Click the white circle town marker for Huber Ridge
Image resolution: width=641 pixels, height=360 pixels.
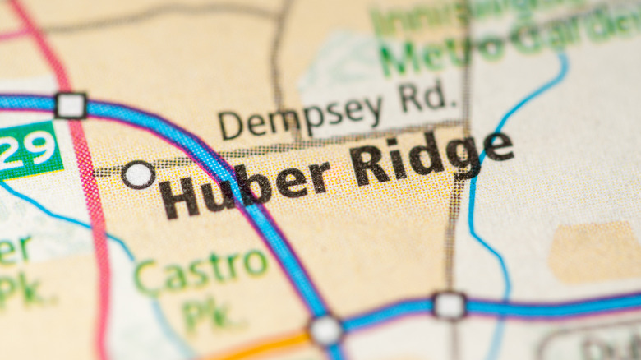138,174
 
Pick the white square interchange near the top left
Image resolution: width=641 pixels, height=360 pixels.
71,105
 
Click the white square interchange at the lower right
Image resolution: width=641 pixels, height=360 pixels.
449,305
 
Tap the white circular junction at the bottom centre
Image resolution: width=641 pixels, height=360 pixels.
326,330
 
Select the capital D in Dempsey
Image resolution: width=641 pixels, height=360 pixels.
231,125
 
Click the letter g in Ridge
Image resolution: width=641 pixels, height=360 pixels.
465,155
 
